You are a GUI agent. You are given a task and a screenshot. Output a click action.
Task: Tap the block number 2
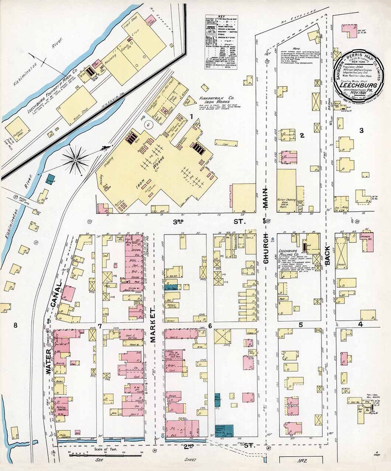pos(302,135)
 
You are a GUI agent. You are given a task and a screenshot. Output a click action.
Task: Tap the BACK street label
pos(328,255)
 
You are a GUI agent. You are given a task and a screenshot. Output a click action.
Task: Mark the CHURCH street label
pos(266,257)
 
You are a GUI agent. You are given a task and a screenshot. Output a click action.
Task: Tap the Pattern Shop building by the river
pos(16,128)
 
